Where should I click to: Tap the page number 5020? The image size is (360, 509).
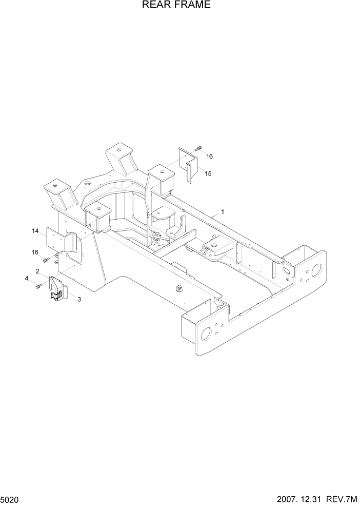(11, 500)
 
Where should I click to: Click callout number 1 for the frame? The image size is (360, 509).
(223, 211)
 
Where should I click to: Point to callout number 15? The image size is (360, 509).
(208, 173)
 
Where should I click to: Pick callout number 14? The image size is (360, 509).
(35, 231)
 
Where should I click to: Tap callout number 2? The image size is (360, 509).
(37, 270)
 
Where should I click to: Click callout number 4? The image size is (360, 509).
(26, 279)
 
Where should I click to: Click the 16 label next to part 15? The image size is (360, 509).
(209, 155)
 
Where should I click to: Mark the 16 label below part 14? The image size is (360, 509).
(35, 252)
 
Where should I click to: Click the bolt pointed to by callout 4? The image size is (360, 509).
(38, 286)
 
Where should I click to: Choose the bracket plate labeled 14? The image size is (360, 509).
(61, 240)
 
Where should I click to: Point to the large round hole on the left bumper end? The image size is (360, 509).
(206, 334)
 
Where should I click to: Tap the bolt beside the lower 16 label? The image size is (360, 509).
(49, 260)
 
